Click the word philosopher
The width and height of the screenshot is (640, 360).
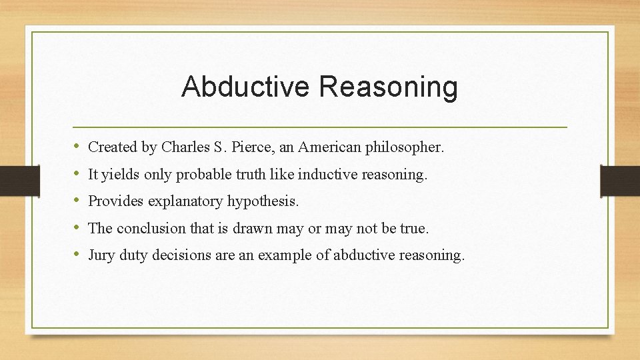pos(404,147)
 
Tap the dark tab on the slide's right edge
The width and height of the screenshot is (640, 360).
pos(620,179)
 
